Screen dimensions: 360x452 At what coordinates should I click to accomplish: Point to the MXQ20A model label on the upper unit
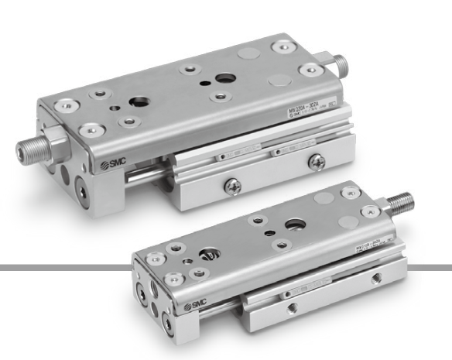tap(310, 117)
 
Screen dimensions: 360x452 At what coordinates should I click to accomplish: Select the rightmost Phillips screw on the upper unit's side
tap(317, 160)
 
